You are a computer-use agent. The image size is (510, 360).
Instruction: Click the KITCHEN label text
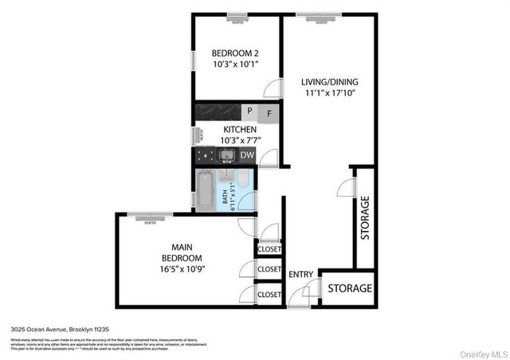pyautogui.click(x=239, y=129)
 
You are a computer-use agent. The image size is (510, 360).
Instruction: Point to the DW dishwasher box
pyautogui.click(x=248, y=155)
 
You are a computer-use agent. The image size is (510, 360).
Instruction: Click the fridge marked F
pyautogui.click(x=269, y=112)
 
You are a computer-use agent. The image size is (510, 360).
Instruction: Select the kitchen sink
pyautogui.click(x=226, y=155)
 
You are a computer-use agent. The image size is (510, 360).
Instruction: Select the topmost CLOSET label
pyautogui.click(x=269, y=249)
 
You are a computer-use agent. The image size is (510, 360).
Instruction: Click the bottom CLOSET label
pyautogui.click(x=269, y=295)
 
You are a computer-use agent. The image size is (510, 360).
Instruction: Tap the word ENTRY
pyautogui.click(x=301, y=274)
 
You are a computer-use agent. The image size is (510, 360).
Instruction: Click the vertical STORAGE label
pyautogui.click(x=365, y=217)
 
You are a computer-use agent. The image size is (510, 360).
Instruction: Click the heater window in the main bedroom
pyautogui.click(x=150, y=216)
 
